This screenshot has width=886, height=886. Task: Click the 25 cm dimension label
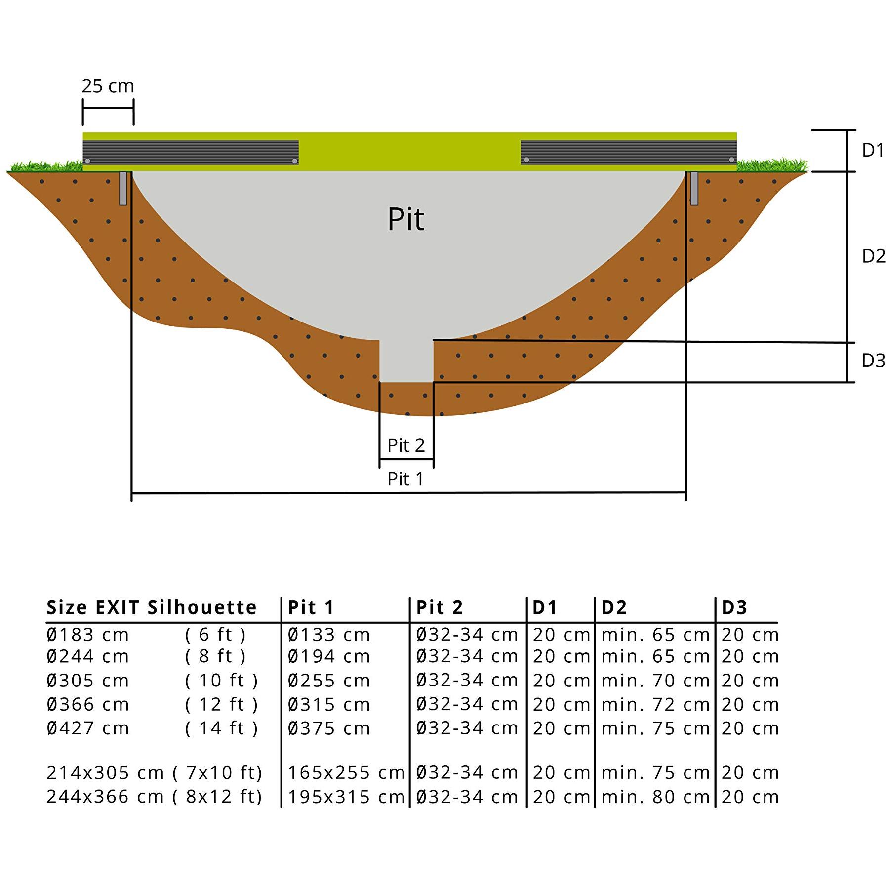(x=108, y=86)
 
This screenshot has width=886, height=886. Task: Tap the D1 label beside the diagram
(x=873, y=151)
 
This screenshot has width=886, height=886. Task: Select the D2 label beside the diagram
(x=873, y=256)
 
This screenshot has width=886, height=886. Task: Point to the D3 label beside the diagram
(x=873, y=361)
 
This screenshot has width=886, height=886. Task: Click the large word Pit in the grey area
(x=406, y=219)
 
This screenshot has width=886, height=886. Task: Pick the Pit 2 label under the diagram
(x=406, y=445)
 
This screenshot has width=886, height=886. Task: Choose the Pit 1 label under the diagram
(x=405, y=479)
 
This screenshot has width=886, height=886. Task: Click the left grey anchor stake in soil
(x=123, y=188)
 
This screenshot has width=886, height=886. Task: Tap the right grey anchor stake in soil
(x=694, y=188)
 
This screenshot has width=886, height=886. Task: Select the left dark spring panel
(x=191, y=152)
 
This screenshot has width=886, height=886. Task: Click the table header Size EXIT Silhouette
(x=152, y=607)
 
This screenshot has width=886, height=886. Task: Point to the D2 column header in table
(x=614, y=607)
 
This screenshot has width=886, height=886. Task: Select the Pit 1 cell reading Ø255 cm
(x=329, y=681)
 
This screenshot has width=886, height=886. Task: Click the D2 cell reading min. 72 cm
(x=655, y=705)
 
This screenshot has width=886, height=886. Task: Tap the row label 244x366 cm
(x=105, y=797)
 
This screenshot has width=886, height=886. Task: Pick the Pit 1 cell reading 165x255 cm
(x=346, y=773)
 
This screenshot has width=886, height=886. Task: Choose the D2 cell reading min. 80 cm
(x=655, y=797)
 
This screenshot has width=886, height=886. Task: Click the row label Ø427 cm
(x=88, y=728)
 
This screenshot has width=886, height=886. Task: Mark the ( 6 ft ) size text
(x=215, y=635)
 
